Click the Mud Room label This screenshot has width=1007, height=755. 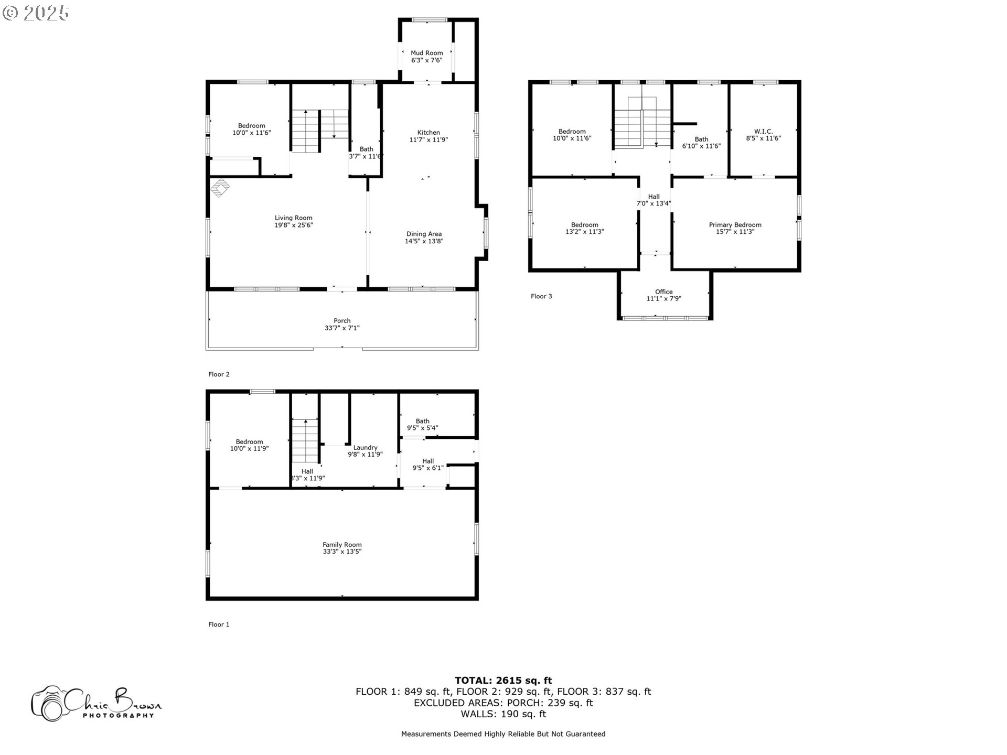(426, 53)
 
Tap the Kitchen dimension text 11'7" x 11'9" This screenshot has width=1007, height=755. (428, 140)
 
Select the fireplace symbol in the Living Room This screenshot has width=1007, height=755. (220, 187)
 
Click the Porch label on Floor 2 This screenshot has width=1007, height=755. (342, 321)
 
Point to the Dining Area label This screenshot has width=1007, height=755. (424, 234)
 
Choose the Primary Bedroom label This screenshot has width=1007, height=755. (735, 225)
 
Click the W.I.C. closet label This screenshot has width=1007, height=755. (763, 132)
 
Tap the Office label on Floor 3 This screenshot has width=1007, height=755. (663, 292)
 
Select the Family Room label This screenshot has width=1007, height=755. (342, 545)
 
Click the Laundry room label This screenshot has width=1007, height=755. (365, 448)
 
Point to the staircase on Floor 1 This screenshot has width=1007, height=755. (305, 440)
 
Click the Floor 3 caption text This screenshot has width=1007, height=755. (541, 297)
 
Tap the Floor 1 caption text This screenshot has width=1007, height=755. (219, 624)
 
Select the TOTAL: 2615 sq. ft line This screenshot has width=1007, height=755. (503, 681)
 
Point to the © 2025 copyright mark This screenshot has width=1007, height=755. (36, 13)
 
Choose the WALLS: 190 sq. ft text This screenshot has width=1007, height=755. (503, 714)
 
